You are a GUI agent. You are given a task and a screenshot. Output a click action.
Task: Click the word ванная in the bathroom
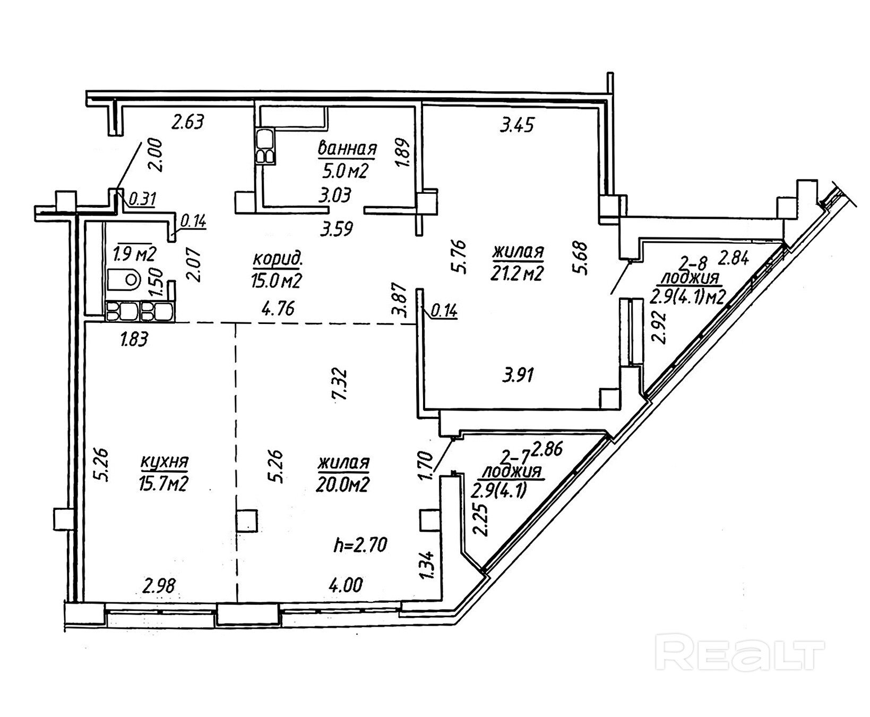point(347,149)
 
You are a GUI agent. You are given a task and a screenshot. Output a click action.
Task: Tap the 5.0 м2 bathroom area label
point(345,171)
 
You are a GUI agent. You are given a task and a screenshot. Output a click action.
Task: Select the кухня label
point(165,462)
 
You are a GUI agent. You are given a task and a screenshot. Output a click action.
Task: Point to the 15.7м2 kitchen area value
point(164,484)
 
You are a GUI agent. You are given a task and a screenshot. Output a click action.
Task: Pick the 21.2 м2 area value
point(518,273)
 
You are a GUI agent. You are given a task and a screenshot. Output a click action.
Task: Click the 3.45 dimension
point(517,125)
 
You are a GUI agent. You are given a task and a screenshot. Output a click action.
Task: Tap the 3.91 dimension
point(518,375)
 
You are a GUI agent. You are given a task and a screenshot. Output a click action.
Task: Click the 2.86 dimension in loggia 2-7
point(547,449)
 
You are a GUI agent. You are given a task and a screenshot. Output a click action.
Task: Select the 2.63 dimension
point(187,122)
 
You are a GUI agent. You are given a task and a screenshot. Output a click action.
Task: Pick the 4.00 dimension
point(346,585)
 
